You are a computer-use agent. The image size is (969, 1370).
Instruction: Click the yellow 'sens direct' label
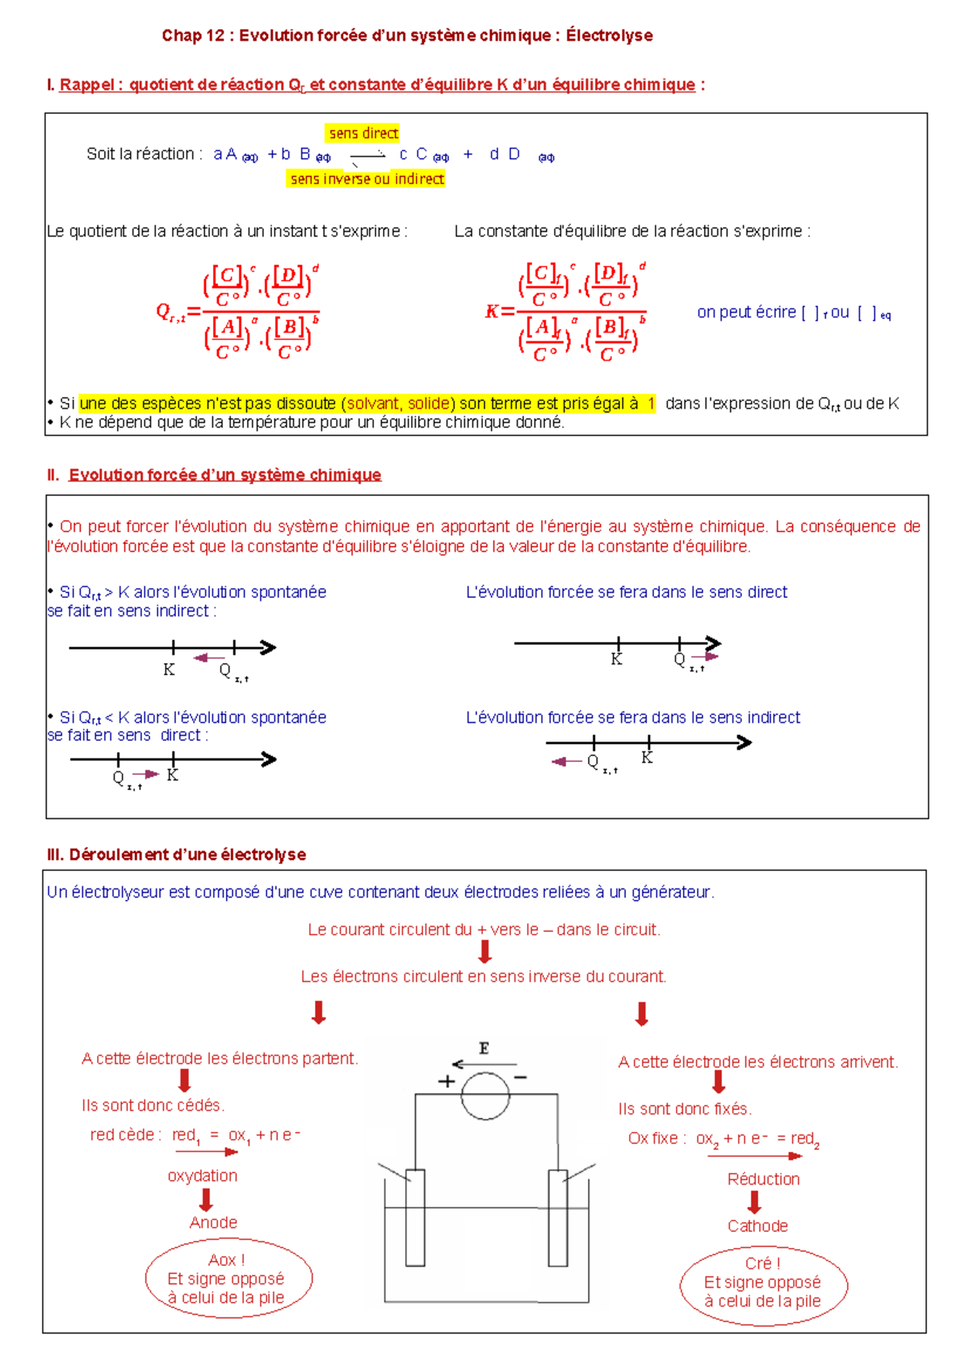[363, 133]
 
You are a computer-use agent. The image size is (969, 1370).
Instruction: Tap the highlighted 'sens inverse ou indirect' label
[367, 179]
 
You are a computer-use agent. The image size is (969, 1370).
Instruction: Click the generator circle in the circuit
[485, 1096]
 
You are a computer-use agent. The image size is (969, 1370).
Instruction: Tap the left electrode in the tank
[415, 1217]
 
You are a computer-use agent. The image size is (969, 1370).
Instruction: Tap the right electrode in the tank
[557, 1217]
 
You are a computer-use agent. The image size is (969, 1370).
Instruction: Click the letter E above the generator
[484, 1049]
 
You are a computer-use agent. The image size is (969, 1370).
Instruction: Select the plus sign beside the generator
[446, 1082]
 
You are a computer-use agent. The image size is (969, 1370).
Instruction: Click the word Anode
[213, 1222]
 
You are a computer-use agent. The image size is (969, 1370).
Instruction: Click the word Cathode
[757, 1225]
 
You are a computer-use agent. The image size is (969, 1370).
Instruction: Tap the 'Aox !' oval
[229, 1278]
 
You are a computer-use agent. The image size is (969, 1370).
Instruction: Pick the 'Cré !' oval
[763, 1282]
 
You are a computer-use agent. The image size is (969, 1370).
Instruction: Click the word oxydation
[203, 1175]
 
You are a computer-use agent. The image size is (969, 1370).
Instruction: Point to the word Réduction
[763, 1179]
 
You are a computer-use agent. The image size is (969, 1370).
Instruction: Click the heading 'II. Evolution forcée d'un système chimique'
[215, 475]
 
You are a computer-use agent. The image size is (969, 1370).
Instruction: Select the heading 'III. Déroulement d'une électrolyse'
[177, 855]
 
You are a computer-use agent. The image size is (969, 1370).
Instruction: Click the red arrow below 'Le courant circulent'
[485, 952]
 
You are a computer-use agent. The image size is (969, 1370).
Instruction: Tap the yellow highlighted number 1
[651, 403]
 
